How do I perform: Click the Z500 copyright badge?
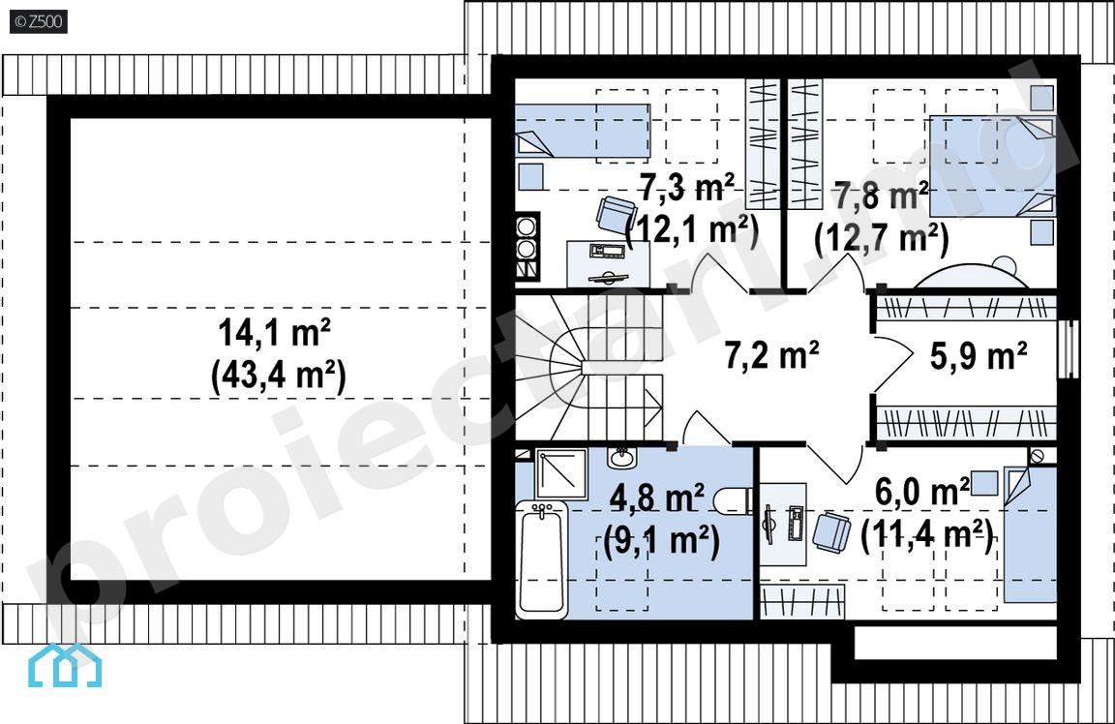(x=39, y=21)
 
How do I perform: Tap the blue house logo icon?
(x=65, y=666)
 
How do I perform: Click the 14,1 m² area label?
(x=274, y=332)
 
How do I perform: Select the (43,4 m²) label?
(x=278, y=376)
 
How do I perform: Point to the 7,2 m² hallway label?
(x=771, y=354)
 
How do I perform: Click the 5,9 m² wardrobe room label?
(x=979, y=355)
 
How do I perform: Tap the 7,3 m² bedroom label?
(x=686, y=188)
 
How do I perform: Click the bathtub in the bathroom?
(x=543, y=559)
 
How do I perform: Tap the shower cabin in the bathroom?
(x=561, y=473)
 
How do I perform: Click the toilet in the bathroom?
(x=733, y=500)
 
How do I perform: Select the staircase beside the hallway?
(x=589, y=368)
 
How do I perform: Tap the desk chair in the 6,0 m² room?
(x=830, y=531)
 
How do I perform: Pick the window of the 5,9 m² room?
(x=1069, y=348)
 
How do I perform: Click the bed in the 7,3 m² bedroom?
(x=583, y=131)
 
